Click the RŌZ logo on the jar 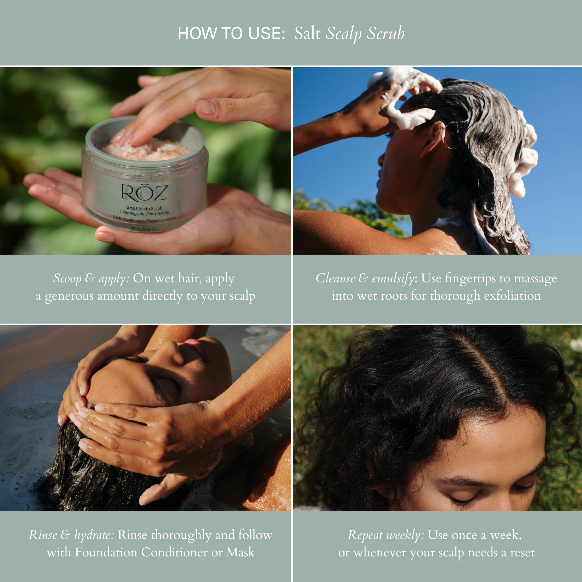[x=144, y=193]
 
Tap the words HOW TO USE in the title [x=231, y=33]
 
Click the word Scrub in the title [x=385, y=33]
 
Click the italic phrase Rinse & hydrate [x=71, y=535]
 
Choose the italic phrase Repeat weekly [x=386, y=535]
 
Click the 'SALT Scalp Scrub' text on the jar [x=144, y=208]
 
